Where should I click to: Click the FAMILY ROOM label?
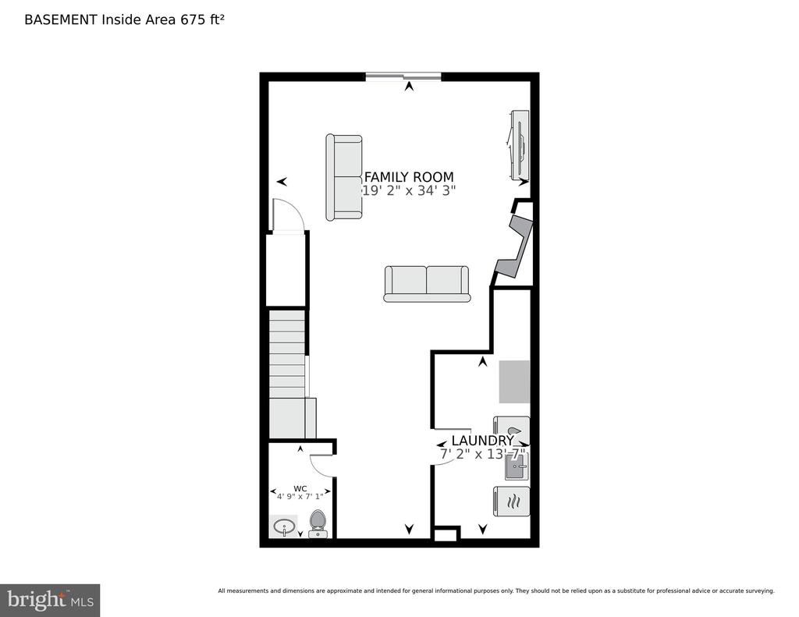click(x=409, y=177)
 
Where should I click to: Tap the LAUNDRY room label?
click(x=482, y=441)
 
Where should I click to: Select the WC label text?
click(x=300, y=488)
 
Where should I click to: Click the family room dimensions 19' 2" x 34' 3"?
click(x=409, y=190)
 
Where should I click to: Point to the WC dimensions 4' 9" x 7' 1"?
click(x=300, y=496)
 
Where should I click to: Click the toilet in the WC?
click(x=318, y=523)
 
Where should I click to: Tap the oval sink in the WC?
click(x=284, y=527)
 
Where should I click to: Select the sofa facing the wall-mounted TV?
click(x=344, y=177)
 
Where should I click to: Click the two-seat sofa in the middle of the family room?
click(x=427, y=284)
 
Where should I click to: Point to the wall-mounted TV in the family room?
click(x=519, y=145)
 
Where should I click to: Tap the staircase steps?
click(x=287, y=374)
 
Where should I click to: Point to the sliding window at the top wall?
click(x=403, y=76)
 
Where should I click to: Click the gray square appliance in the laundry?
click(x=514, y=381)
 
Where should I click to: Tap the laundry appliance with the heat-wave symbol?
click(x=512, y=502)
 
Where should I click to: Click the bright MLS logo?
click(x=50, y=600)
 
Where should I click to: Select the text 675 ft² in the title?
click(x=202, y=20)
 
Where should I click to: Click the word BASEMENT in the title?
click(x=61, y=20)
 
